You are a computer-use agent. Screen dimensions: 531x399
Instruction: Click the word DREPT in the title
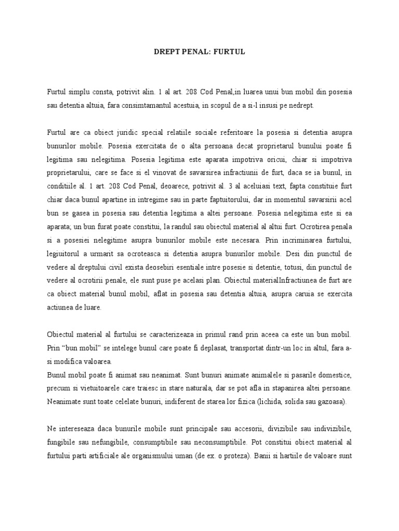166,52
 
